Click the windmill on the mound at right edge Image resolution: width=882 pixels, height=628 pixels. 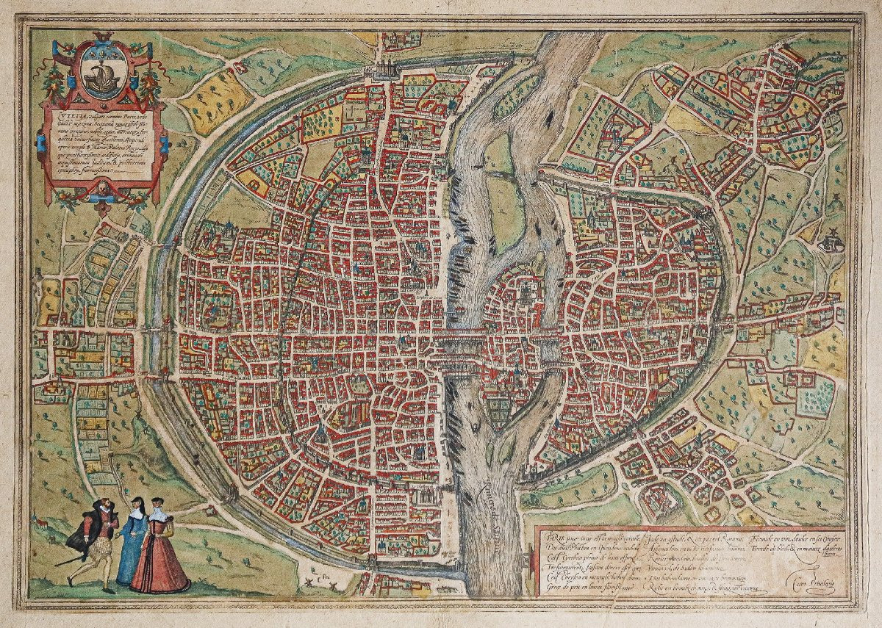click(x=832, y=240)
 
